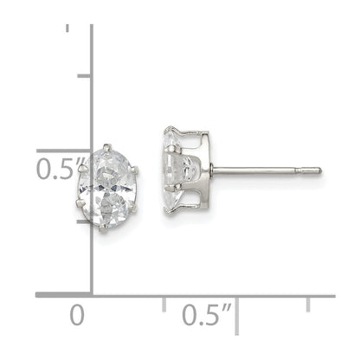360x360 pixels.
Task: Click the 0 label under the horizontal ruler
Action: coord(78,313)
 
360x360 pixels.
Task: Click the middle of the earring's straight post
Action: coord(260,170)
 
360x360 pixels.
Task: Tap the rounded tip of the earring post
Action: coord(318,170)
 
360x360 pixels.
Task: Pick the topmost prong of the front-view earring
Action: coord(107,146)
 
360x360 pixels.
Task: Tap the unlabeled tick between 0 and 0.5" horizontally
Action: coord(164,303)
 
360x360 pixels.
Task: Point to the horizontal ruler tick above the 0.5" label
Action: coord(236,303)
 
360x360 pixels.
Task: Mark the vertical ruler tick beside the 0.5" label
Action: coord(85,150)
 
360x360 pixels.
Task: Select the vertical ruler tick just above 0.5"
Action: coord(85,76)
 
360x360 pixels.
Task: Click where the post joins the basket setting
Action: coord(211,170)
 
